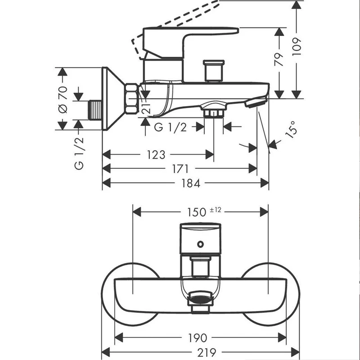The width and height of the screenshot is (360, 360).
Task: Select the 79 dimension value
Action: (279, 60)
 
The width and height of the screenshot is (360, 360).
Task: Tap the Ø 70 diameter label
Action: (63, 99)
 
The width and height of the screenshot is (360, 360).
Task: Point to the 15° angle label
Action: (291, 130)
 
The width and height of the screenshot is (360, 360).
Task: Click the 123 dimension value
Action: (156, 155)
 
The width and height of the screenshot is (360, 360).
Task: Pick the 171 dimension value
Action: (180, 169)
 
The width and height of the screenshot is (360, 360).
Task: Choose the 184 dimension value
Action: (191, 184)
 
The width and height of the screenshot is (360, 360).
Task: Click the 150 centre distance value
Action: (197, 212)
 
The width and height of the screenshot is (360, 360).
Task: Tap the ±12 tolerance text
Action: (216, 210)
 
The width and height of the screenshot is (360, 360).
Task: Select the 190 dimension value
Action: (198, 338)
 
